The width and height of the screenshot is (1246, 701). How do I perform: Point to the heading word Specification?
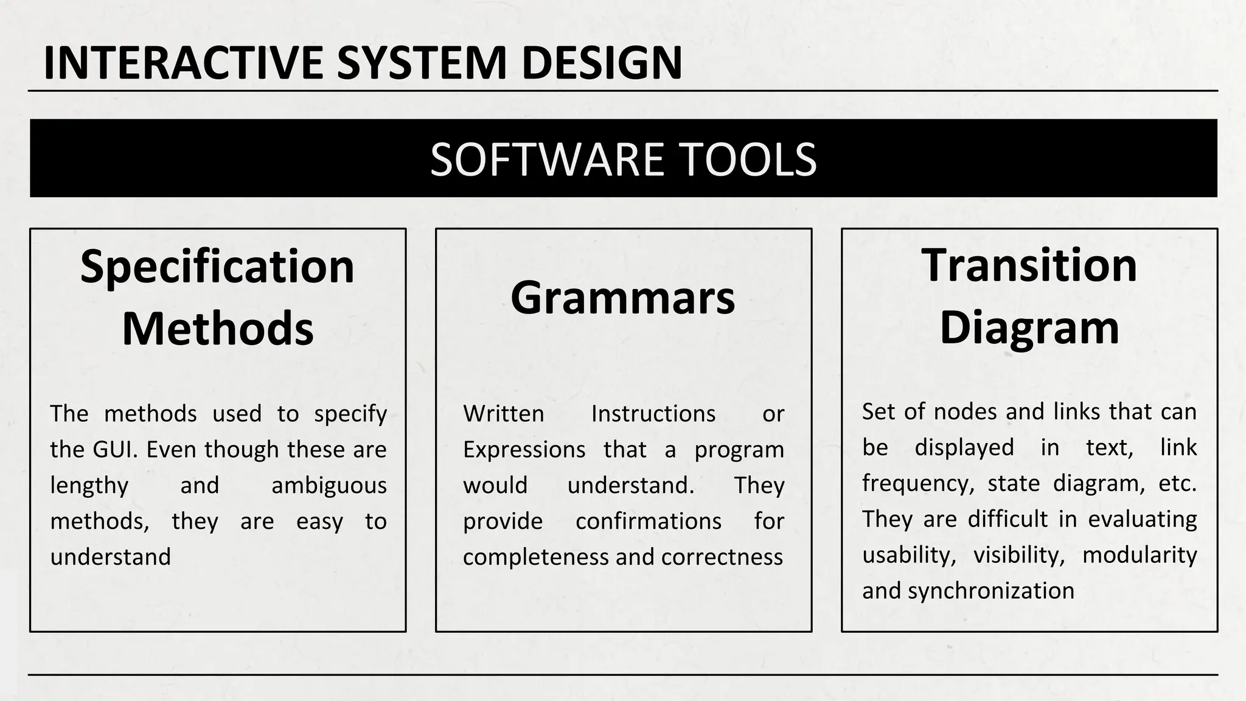[x=217, y=267]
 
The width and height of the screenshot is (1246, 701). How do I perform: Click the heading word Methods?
[x=217, y=329]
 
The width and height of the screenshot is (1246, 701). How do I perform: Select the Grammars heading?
[x=622, y=298]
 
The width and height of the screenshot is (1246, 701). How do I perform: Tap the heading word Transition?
[x=1029, y=265]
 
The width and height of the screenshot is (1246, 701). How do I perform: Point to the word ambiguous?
[x=329, y=486]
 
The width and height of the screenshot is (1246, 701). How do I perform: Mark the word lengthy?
[x=89, y=486]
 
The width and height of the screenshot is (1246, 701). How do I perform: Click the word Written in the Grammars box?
[x=503, y=414]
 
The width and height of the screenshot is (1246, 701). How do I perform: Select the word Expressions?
[x=524, y=450]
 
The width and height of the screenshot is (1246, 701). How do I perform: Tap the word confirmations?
[x=648, y=521]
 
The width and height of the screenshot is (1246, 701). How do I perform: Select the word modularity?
[x=1139, y=555]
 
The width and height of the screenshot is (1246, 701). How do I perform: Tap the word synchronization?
[x=990, y=591]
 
